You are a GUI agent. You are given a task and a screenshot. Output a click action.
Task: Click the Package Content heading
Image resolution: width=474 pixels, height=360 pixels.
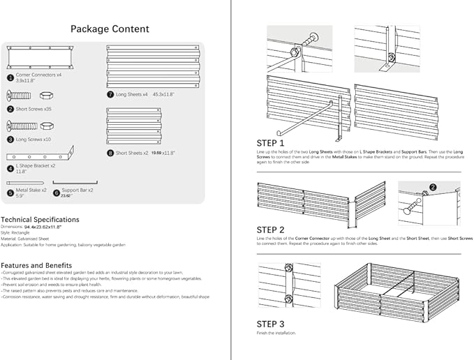coord(110,29)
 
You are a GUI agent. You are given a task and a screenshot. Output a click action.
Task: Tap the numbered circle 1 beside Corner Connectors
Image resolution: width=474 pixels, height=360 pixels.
coord(10,78)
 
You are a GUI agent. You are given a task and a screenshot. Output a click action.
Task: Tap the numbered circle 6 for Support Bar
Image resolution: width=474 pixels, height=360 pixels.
coord(57,192)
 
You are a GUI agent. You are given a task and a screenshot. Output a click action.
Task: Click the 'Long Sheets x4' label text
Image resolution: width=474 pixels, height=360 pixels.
coord(132,93)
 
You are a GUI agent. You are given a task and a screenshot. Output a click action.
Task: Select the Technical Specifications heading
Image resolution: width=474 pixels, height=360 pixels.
coord(40,219)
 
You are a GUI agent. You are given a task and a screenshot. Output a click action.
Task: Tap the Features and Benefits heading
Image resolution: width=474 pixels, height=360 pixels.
coord(36,265)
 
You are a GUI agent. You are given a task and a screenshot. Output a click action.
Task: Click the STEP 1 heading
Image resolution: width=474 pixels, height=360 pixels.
coord(270,143)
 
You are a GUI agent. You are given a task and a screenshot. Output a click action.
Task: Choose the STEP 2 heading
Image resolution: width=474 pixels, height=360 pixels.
coord(270,230)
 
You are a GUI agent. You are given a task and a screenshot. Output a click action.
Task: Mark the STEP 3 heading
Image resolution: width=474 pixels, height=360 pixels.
coord(270,324)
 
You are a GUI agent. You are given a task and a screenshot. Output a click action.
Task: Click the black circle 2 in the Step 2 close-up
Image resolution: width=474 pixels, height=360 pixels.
coord(433,187)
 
